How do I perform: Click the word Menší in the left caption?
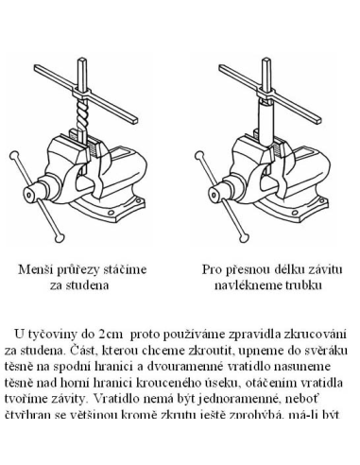(39, 268)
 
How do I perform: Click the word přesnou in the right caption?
(250, 268)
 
